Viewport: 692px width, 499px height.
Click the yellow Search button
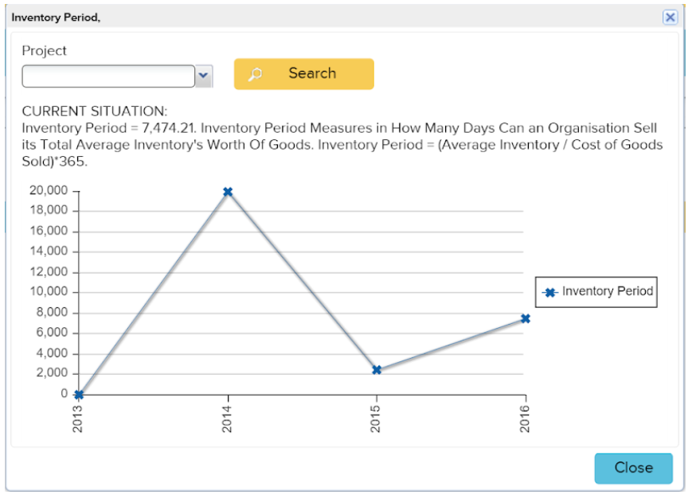pyautogui.click(x=303, y=74)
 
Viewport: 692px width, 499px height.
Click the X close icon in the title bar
pyautogui.click(x=670, y=18)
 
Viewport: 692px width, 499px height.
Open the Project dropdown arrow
pyautogui.click(x=204, y=76)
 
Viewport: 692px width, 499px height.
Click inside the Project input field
pyautogui.click(x=108, y=76)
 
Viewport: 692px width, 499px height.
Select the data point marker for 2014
pyautogui.click(x=228, y=192)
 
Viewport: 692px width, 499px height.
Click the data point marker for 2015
pyautogui.click(x=377, y=370)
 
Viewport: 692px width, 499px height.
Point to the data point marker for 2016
pyautogui.click(x=526, y=318)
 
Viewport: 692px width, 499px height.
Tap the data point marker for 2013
pyautogui.click(x=79, y=395)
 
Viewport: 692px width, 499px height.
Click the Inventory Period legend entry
pyautogui.click(x=598, y=291)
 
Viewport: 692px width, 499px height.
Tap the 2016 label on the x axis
pyautogui.click(x=525, y=418)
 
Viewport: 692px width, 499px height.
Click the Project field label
pyautogui.click(x=45, y=51)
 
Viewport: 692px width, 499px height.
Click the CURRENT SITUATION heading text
pyautogui.click(x=95, y=111)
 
